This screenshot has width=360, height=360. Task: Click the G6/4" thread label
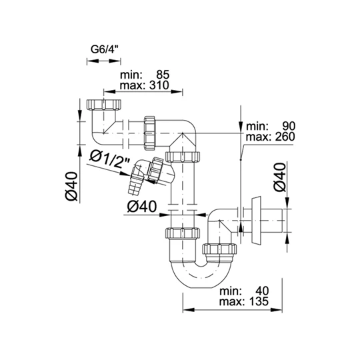coord(105,49)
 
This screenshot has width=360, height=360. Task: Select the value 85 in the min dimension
coord(163,75)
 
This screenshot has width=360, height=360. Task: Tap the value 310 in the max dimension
coord(159,85)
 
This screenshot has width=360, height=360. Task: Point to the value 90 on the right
coord(289,126)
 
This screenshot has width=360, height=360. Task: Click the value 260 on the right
coord(285,137)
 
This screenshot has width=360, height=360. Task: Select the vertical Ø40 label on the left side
coord(72,186)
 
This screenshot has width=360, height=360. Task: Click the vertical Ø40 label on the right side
coord(280,177)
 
